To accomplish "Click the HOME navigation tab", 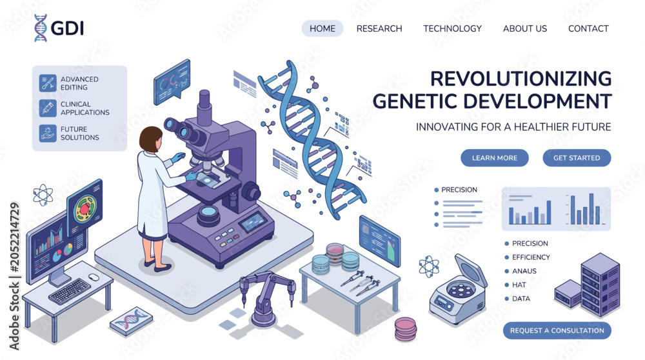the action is (322, 28).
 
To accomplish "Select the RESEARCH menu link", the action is (379, 28).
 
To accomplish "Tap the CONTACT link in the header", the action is (588, 28).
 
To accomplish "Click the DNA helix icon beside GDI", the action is (40, 28).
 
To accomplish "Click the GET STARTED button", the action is (577, 158).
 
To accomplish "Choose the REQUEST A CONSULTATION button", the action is (557, 330).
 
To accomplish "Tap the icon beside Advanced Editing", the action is (48, 83).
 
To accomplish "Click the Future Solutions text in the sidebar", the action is (80, 134).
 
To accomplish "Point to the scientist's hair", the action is (150, 138).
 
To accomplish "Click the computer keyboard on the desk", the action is (70, 292).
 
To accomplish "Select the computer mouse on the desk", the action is (94, 277).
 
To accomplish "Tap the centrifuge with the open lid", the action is (458, 290).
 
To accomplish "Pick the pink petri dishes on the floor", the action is (406, 329).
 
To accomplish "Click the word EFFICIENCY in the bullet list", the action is (531, 257).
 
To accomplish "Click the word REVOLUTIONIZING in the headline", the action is (521, 79).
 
